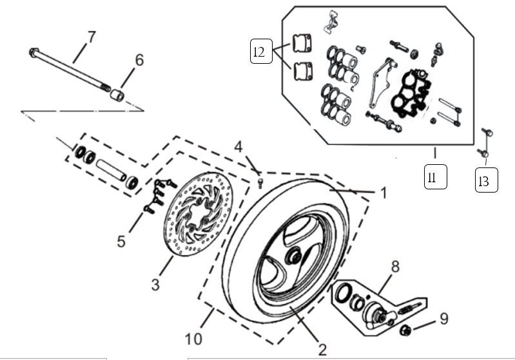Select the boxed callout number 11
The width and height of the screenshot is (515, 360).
[435, 177]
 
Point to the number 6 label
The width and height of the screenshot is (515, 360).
[139, 60]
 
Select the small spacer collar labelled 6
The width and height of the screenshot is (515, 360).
[116, 95]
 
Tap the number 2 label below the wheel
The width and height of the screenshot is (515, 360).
[322, 350]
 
